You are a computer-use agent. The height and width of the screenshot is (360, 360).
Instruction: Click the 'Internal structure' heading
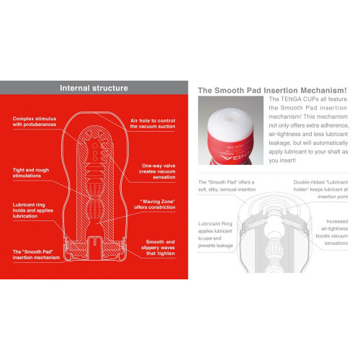94,88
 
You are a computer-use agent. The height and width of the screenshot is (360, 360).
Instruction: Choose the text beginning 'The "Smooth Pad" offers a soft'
225,189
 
